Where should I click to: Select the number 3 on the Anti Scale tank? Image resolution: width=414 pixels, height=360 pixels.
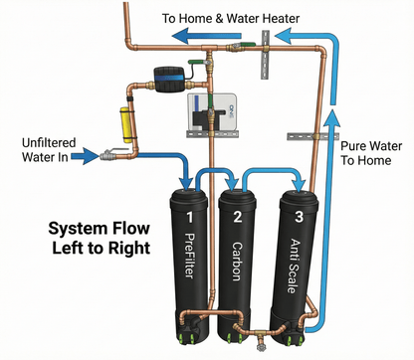click(x=289, y=216)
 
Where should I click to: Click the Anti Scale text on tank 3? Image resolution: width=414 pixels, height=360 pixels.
click(x=289, y=262)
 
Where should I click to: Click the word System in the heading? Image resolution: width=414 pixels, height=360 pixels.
click(x=80, y=229)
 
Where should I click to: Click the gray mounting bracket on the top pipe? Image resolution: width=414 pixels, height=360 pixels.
click(x=266, y=46)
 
